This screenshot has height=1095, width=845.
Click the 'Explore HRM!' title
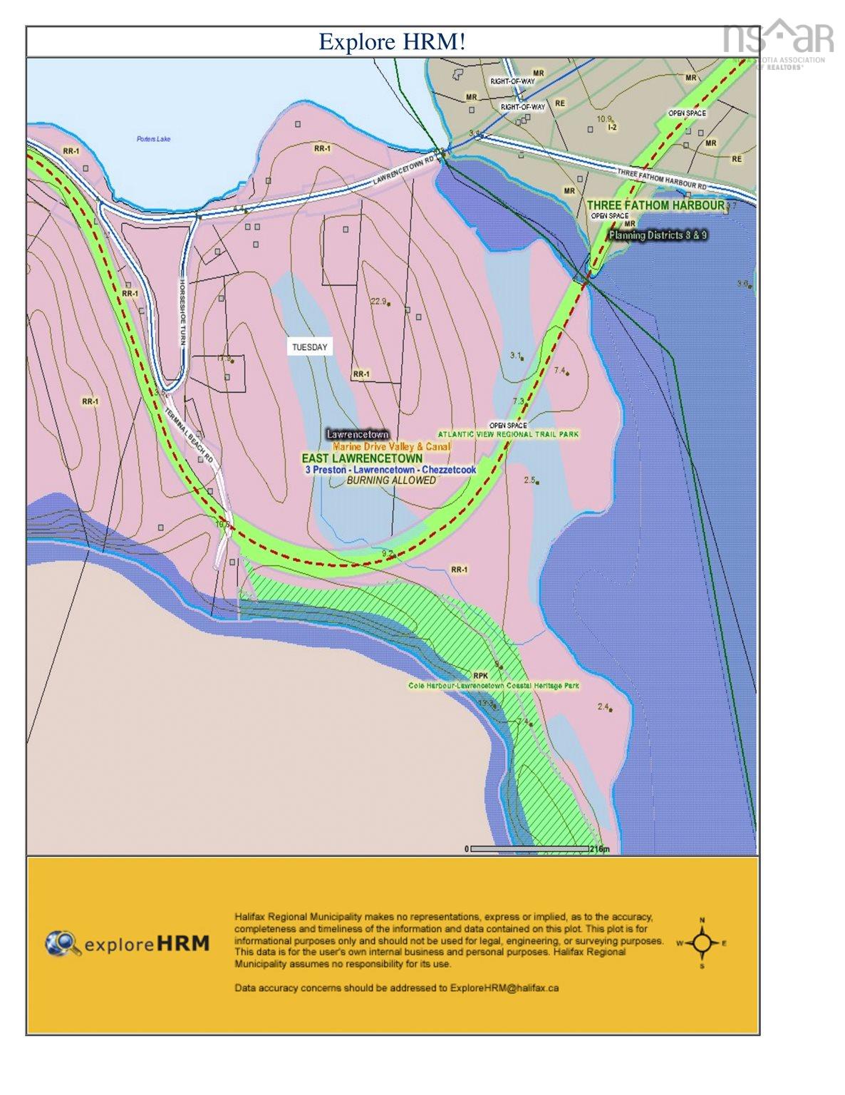coord(391,41)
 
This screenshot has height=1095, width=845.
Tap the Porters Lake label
coord(154,138)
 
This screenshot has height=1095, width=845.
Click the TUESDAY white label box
coord(309,347)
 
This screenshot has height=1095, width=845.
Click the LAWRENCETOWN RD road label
coord(403,172)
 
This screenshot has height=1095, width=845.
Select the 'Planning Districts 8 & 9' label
coord(658,235)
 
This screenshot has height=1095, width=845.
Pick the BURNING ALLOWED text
coord(391,480)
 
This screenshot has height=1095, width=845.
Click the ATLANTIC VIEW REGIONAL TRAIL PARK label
coord(508,433)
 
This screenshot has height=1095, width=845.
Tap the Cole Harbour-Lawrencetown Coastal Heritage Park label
coord(494,686)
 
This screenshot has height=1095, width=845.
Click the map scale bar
coord(531,848)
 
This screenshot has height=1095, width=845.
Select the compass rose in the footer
coord(702,943)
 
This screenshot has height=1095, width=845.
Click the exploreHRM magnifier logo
coord(63,943)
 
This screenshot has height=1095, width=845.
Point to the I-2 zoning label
coord(611,128)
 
